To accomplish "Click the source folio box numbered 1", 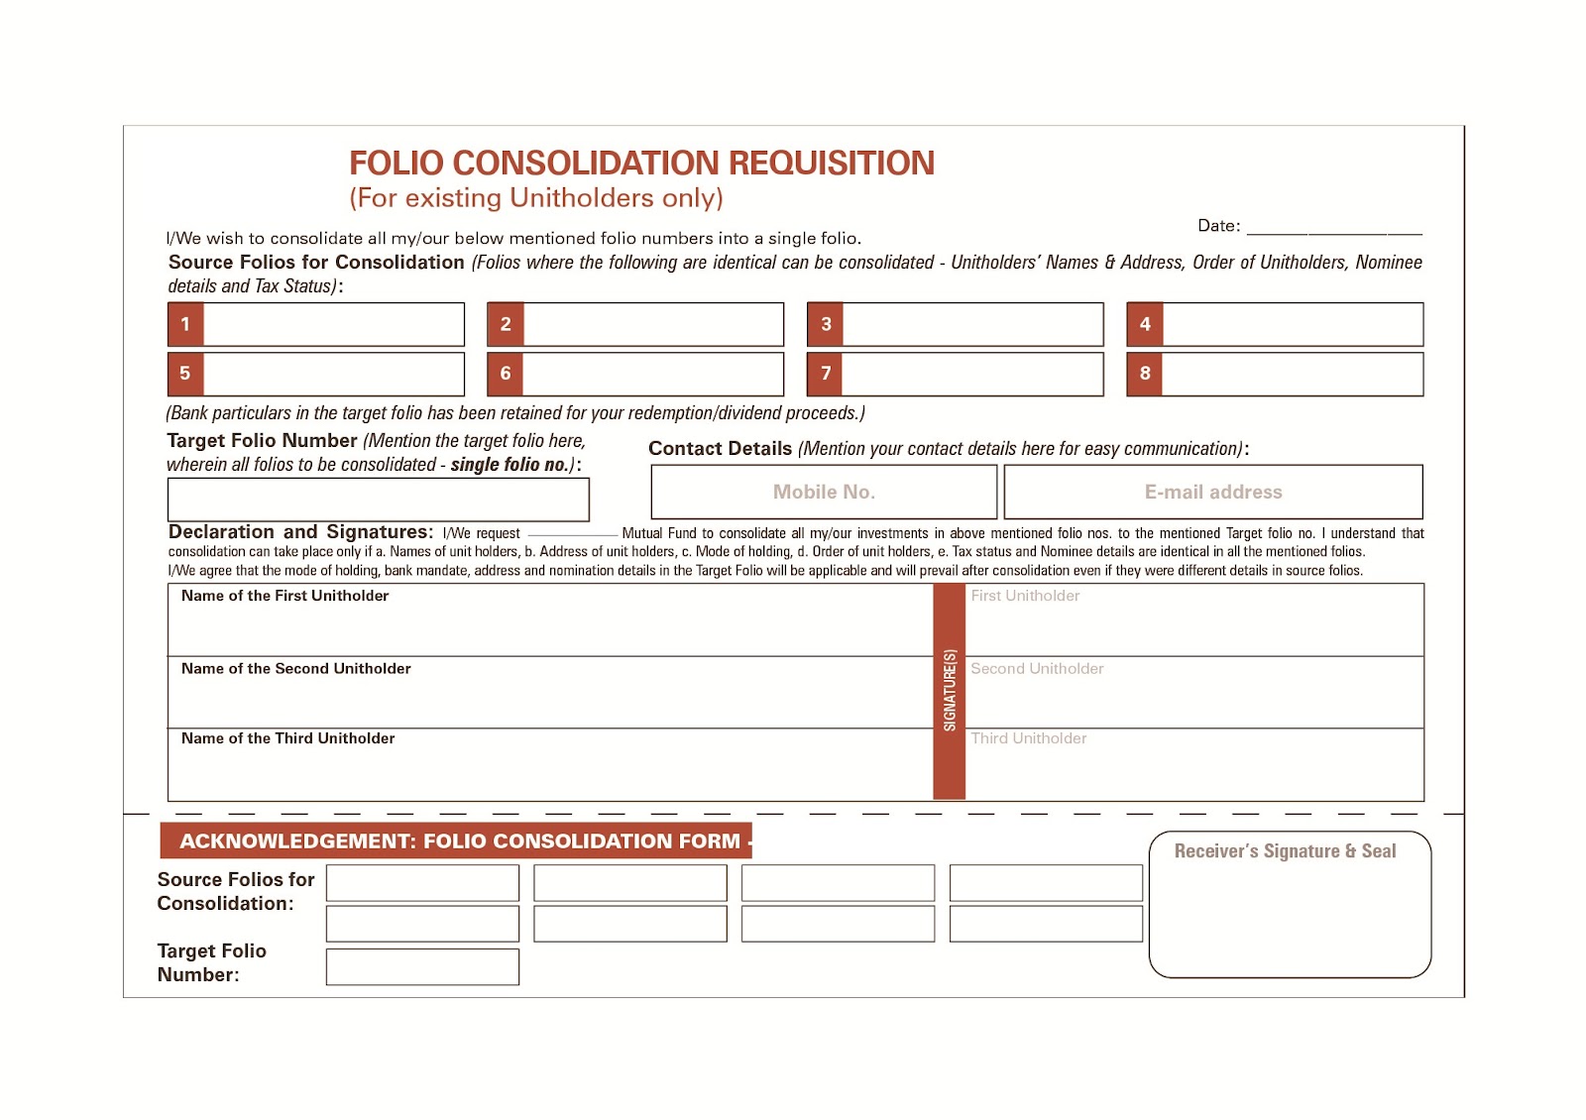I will pyautogui.click(x=333, y=324).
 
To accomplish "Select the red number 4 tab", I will pyautogui.click(x=1145, y=324).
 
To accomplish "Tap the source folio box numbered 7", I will pyautogui.click(x=971, y=374).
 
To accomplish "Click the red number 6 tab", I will pyautogui.click(x=506, y=374).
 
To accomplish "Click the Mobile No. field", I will pyautogui.click(x=824, y=492).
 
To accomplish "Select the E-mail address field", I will pyautogui.click(x=1213, y=492).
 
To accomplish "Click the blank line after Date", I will pyautogui.click(x=1333, y=228).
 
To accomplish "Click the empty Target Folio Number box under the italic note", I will pyautogui.click(x=378, y=500).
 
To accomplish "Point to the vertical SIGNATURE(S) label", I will pyautogui.click(x=950, y=691).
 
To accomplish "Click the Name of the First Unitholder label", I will pyautogui.click(x=284, y=596).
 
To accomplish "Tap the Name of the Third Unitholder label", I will pyautogui.click(x=287, y=738).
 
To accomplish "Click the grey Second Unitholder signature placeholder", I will pyautogui.click(x=1037, y=669).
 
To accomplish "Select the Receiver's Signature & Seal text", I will pyautogui.click(x=1285, y=851).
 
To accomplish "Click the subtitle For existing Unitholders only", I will pyautogui.click(x=536, y=198).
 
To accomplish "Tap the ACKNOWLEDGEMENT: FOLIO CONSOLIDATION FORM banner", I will pyautogui.click(x=459, y=841).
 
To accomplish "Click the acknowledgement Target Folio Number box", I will pyautogui.click(x=422, y=966).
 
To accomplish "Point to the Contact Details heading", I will pyautogui.click(x=720, y=449).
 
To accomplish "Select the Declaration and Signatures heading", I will pyautogui.click(x=300, y=532).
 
